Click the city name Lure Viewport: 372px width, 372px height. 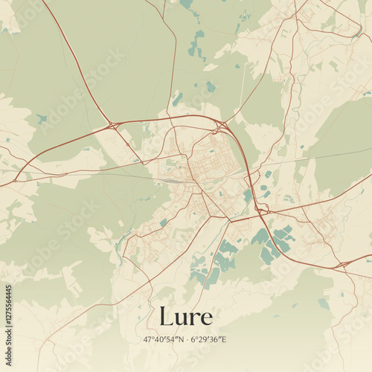click(185, 316)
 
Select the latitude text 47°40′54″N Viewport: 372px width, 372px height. click(164, 340)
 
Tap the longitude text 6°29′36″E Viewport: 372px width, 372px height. click(208, 340)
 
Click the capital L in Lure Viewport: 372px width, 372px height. click(167, 316)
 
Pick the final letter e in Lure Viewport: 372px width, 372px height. click(206, 318)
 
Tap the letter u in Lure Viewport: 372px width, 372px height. click(182, 318)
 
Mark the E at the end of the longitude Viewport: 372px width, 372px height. click(223, 340)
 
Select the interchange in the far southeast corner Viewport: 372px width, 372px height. click(343, 265)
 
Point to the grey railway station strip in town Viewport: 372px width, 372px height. click(170, 179)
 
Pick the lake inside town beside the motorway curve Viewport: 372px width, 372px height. click(248, 196)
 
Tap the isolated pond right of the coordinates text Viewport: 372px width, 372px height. click(324, 304)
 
